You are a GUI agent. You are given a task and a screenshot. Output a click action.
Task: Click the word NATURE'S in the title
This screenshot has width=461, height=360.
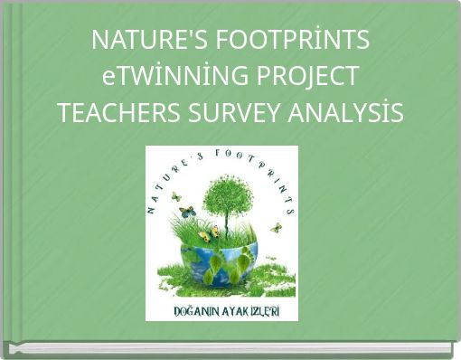pos(138,40)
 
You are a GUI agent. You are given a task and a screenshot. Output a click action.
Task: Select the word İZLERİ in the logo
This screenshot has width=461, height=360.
pos(266,309)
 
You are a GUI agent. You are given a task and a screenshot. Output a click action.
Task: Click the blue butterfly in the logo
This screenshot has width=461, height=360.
pos(187,213)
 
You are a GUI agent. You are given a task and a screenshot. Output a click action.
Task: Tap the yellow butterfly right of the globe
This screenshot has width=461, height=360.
pos(276,227)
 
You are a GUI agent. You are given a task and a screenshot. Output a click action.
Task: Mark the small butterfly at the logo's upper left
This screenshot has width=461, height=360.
pos(176,195)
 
